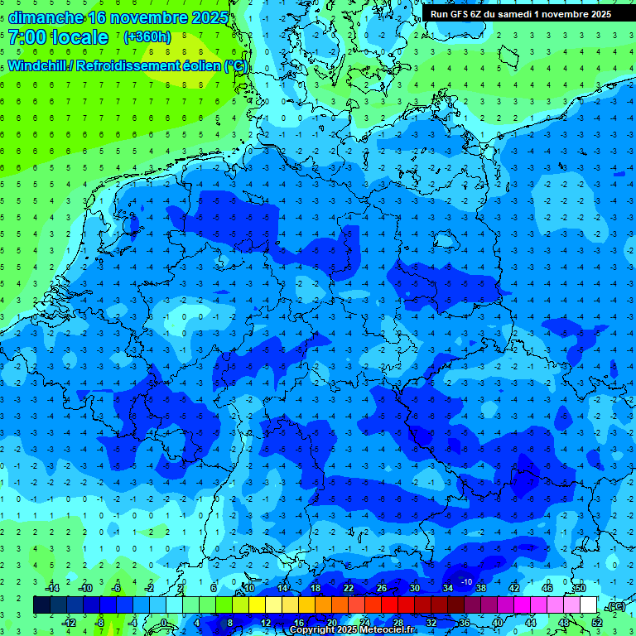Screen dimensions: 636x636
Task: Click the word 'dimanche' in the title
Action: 45,17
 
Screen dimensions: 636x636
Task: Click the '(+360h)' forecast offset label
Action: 148,37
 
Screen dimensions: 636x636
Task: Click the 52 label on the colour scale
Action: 597,623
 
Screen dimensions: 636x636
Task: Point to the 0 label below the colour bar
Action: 164,623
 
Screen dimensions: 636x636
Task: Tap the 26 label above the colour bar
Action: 381,588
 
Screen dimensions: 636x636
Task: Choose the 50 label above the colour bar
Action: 580,588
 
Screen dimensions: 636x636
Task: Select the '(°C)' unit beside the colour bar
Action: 615,606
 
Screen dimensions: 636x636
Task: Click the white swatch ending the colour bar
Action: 589,605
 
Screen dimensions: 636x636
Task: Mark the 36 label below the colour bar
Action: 464,623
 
